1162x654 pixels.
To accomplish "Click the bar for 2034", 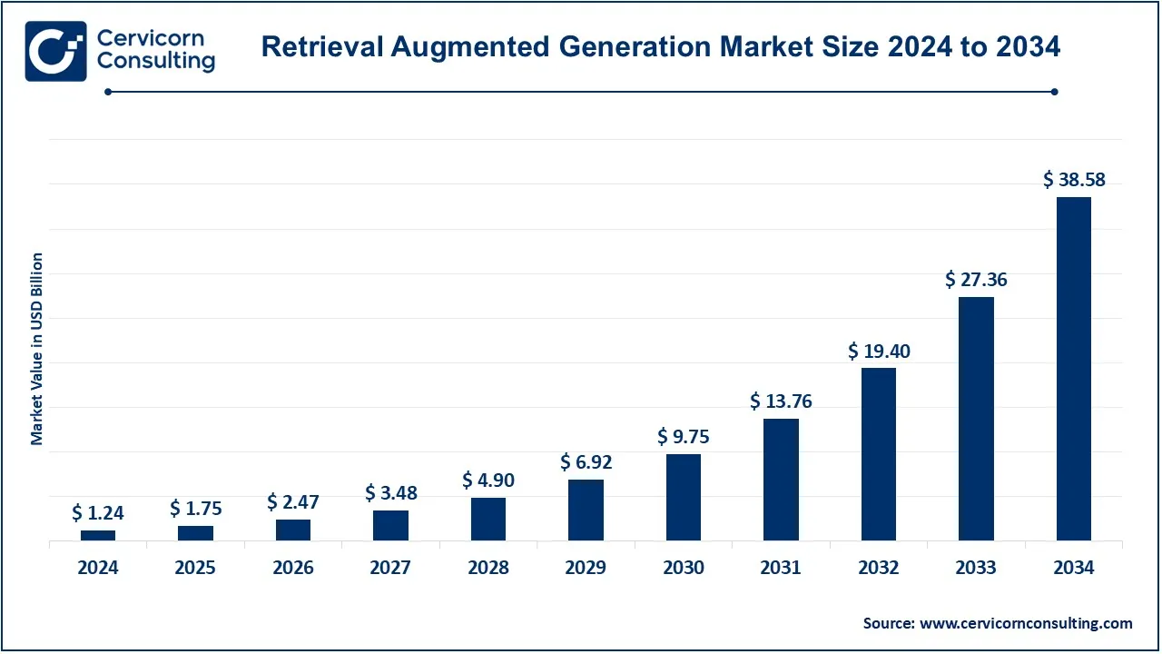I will pyautogui.click(x=1074, y=369).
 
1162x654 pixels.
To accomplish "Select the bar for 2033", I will pyautogui.click(x=976, y=419).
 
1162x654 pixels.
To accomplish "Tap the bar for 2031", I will pyautogui.click(x=781, y=480).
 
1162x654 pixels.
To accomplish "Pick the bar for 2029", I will pyautogui.click(x=586, y=510).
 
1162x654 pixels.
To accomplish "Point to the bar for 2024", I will pyautogui.click(x=98, y=535).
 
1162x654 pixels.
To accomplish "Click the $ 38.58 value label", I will pyautogui.click(x=1074, y=180).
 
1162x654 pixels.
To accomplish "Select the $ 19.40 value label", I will pyautogui.click(x=879, y=351).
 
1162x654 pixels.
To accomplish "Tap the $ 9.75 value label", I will pyautogui.click(x=684, y=437).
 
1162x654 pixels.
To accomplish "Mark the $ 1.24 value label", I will pyautogui.click(x=98, y=513).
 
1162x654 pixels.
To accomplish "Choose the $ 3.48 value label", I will pyautogui.click(x=390, y=493).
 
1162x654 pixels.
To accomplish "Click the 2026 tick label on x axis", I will pyautogui.click(x=293, y=568).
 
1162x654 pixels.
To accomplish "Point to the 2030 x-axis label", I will pyautogui.click(x=684, y=568).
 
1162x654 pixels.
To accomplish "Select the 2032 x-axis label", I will pyautogui.click(x=879, y=568).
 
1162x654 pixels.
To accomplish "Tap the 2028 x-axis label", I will pyautogui.click(x=488, y=568).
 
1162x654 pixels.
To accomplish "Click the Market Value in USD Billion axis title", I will pyautogui.click(x=37, y=349).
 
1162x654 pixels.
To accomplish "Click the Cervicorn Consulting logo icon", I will pyautogui.click(x=55, y=51).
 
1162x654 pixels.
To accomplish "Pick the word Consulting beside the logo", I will pyautogui.click(x=155, y=62).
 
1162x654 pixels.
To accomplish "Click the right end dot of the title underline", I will pyautogui.click(x=1054, y=91).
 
